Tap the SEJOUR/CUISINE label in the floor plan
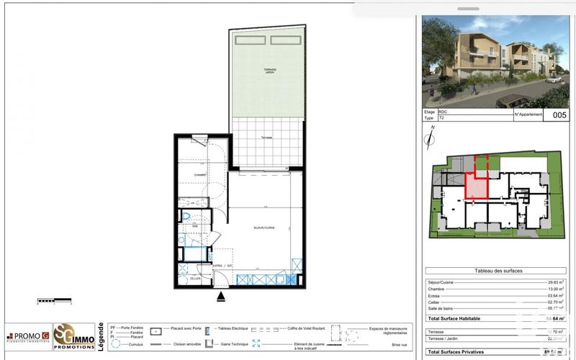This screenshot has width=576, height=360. pyautogui.click(x=264, y=228)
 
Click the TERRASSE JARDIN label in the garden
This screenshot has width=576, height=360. pyautogui.click(x=269, y=71)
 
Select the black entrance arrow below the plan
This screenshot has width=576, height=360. pyautogui.click(x=221, y=295)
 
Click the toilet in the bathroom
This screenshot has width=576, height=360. pyautogui.click(x=186, y=217)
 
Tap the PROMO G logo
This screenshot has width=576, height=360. pyautogui.click(x=28, y=336)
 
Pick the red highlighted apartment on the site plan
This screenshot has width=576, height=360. pyautogui.click(x=476, y=186)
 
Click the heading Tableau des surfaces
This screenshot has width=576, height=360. pyautogui.click(x=499, y=271)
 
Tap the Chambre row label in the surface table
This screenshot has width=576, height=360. pyautogui.click(x=438, y=289)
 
